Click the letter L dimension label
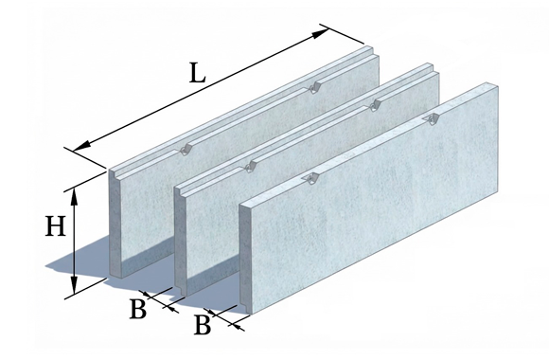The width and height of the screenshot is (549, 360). [197, 73]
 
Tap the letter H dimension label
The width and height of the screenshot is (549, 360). [55, 226]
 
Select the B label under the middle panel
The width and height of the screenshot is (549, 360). [138, 309]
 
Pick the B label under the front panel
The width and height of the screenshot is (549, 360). [203, 325]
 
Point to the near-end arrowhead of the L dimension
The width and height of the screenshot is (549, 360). [81, 146]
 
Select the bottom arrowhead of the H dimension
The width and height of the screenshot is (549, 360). [74, 285]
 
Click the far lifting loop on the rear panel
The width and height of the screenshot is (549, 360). [314, 88]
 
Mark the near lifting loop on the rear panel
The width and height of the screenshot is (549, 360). [185, 150]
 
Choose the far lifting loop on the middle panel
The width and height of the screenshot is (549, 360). [376, 104]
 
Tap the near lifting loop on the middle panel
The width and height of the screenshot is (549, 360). [249, 167]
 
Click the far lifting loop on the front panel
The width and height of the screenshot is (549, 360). [433, 119]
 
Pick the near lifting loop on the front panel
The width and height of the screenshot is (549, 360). [311, 179]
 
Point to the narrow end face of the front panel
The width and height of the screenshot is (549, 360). [245, 259]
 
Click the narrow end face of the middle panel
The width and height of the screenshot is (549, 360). [181, 241]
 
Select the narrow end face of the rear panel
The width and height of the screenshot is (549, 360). [115, 224]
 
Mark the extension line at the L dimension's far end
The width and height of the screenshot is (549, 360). [342, 34]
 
